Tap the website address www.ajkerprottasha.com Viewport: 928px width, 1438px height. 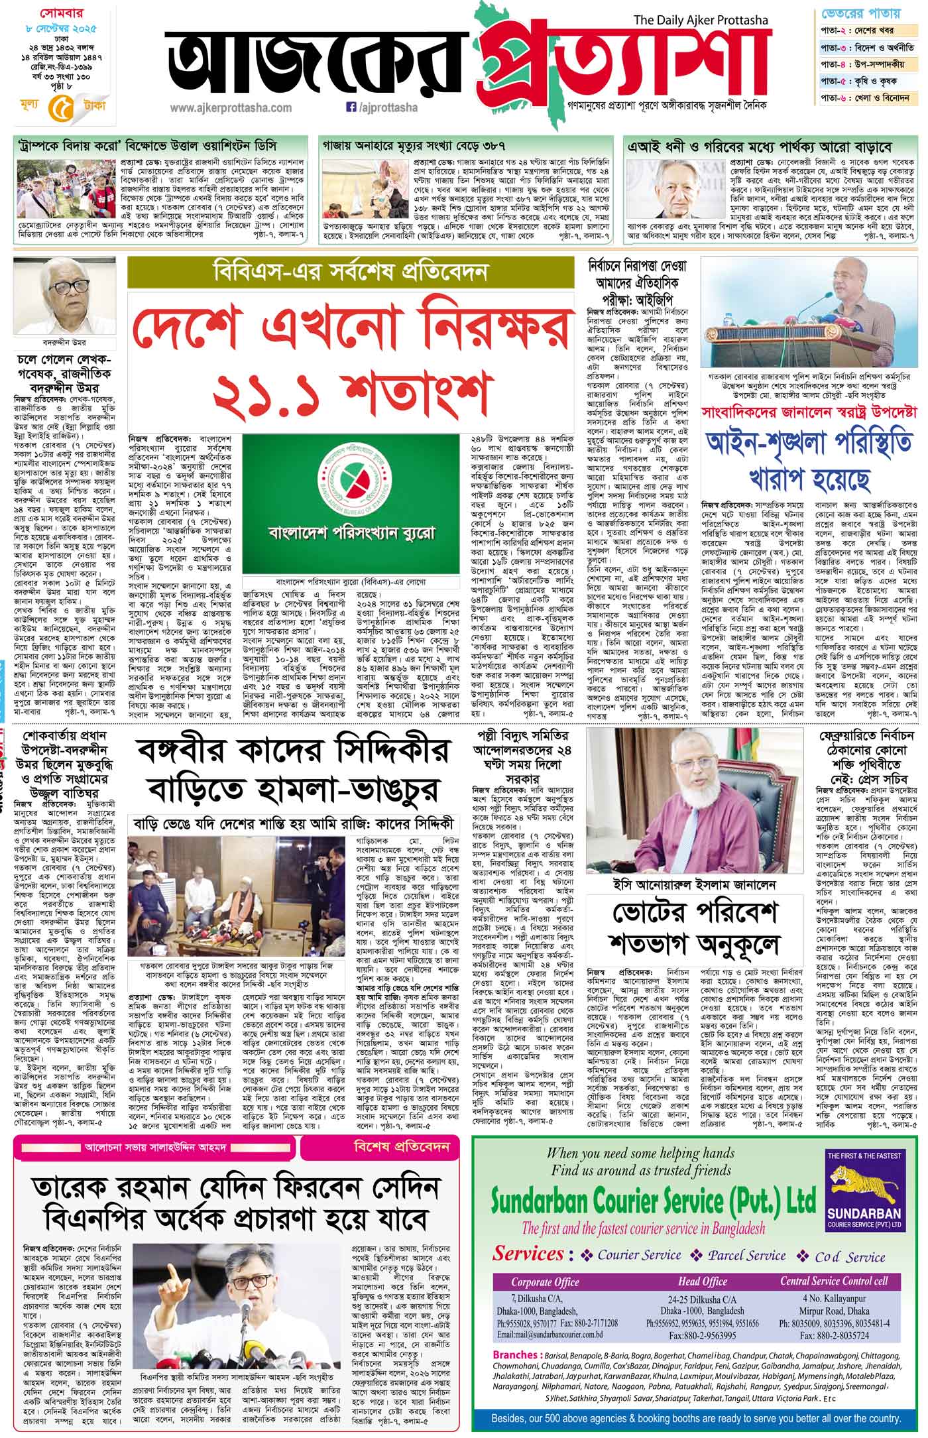coord(230,107)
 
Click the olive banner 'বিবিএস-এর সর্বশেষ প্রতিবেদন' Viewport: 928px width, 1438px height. coord(351,272)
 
